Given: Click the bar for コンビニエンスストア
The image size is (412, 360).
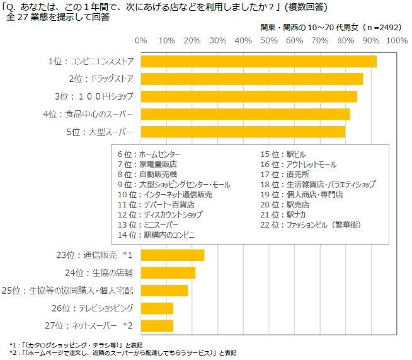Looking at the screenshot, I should tap(258, 61).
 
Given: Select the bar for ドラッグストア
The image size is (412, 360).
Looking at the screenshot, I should tap(251, 79).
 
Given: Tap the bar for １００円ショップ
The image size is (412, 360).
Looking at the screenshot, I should tap(249, 96).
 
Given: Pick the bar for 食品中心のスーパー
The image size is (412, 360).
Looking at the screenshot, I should tap(245, 114).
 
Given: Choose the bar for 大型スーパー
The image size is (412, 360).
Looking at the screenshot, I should tap(243, 132).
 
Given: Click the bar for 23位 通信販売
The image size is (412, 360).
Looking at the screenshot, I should tap(173, 255).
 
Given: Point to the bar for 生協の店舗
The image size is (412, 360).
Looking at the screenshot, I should tap(168, 272).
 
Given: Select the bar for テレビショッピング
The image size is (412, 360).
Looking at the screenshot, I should tap(157, 308).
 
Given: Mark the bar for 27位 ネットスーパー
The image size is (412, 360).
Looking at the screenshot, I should tap(157, 325).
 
